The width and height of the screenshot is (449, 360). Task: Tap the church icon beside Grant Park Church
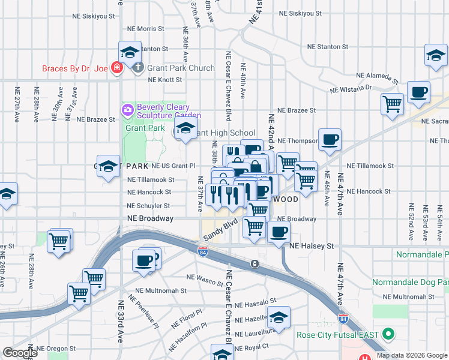click(x=138, y=67)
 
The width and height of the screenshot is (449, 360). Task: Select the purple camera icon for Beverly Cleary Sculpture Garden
click(x=127, y=110)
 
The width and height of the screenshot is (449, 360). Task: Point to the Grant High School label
click(x=225, y=133)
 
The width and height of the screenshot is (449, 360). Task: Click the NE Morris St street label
click(x=146, y=29)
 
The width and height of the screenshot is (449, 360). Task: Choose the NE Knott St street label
click(x=164, y=79)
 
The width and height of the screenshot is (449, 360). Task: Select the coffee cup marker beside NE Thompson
click(x=330, y=140)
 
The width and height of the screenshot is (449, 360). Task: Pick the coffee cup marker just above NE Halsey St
click(x=278, y=232)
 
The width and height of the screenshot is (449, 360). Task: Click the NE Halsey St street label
click(x=311, y=246)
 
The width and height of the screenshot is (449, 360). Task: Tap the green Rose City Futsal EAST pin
click(x=388, y=333)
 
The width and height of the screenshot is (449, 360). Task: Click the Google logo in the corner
click(x=19, y=353)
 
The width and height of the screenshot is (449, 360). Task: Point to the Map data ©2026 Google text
click(x=412, y=355)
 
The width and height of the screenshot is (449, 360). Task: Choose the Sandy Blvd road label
click(x=217, y=231)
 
